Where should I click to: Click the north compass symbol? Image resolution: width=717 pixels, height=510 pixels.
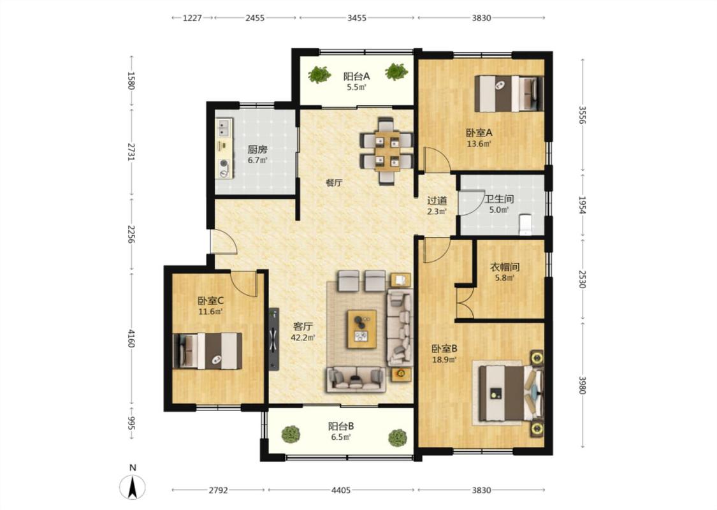tap(133, 486)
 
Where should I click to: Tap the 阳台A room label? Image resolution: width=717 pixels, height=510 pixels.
tap(356, 76)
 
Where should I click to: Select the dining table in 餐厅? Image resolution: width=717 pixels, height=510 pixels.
tap(387, 151)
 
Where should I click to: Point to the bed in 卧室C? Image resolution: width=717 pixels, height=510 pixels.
tap(208, 351)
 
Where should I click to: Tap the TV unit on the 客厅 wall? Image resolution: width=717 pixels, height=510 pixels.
tap(273, 339)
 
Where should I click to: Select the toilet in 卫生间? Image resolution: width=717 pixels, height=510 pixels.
tap(526, 224)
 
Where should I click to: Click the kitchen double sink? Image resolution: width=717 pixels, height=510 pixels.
tap(224, 127)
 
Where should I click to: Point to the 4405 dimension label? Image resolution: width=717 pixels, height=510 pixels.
tap(341, 490)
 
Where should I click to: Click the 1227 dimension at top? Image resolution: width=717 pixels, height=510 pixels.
tap(192, 18)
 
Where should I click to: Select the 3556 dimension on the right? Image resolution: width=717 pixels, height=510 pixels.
tap(582, 115)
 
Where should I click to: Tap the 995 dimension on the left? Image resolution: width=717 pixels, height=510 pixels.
tap(131, 423)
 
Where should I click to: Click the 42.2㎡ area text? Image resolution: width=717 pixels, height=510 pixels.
tap(303, 338)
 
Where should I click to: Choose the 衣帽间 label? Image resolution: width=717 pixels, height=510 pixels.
tap(504, 266)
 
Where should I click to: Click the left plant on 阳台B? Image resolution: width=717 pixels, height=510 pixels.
tap(291, 435)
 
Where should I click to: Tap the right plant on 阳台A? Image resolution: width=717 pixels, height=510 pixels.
tap(396, 71)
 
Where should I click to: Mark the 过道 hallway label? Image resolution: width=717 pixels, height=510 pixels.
tap(437, 200)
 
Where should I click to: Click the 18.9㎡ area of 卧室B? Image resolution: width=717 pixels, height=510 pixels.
tap(444, 360)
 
